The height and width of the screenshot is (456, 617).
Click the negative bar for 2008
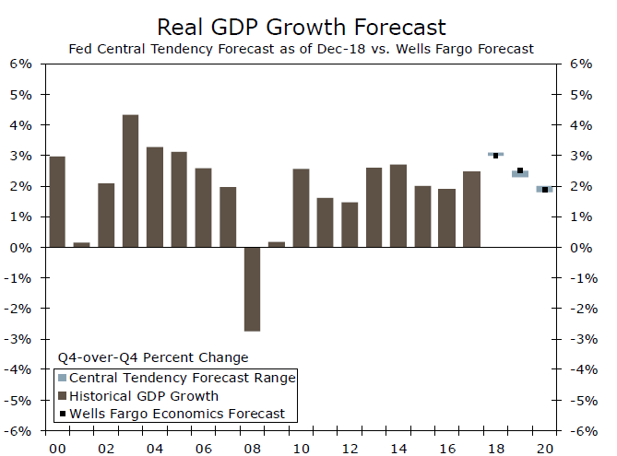(252, 289)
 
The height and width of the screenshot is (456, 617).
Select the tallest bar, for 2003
(131, 181)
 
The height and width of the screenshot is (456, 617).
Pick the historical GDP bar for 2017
(471, 209)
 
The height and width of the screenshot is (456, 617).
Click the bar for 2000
(57, 202)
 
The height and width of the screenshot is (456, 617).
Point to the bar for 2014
(398, 206)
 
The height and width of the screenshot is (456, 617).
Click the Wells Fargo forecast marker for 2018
(495, 156)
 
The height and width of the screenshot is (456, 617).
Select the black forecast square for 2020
(545, 190)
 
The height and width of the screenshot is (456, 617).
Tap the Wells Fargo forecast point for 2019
(520, 170)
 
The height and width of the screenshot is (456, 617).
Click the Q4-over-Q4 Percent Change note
(153, 357)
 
